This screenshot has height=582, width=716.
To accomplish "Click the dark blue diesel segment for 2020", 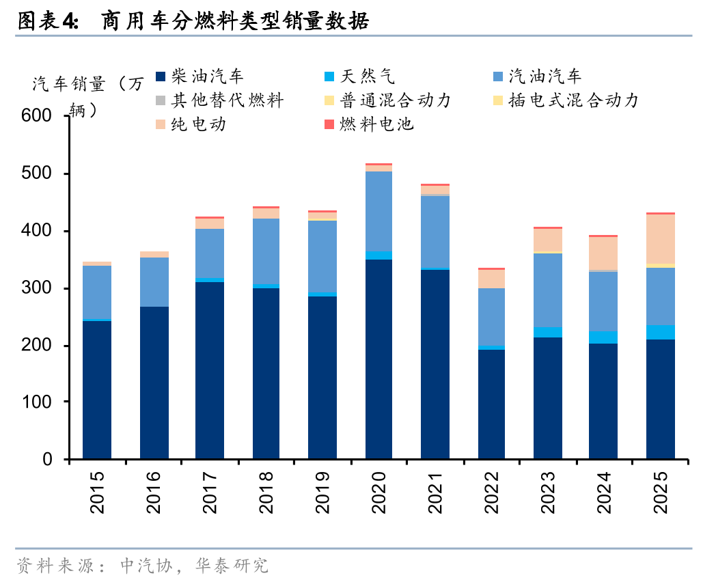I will tap(378, 359).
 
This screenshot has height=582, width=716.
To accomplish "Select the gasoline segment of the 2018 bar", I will tap(266, 251).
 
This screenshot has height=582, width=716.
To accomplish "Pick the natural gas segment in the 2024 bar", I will tap(603, 337).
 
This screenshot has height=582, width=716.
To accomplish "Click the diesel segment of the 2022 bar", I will tap(492, 404).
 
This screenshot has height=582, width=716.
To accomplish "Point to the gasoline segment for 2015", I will tap(97, 292).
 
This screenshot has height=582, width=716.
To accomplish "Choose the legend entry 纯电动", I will tap(198, 124).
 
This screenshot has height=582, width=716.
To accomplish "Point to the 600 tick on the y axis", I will tap(37, 117).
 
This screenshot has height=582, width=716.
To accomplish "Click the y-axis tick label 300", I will tap(37, 289).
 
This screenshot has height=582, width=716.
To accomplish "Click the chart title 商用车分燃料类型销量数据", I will tap(235, 22).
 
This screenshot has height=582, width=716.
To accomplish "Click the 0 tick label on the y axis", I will tap(48, 460).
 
